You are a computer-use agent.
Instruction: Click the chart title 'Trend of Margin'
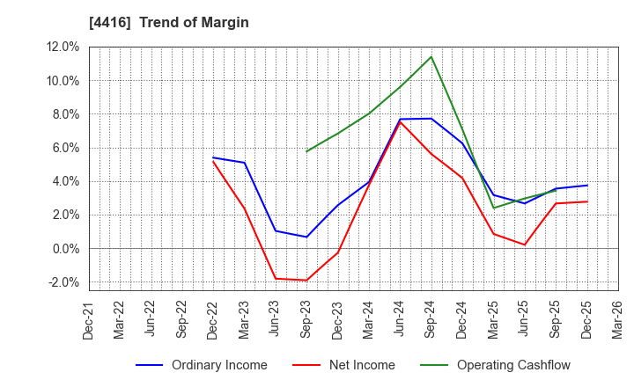[194, 22]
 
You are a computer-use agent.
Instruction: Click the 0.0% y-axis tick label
[67, 249]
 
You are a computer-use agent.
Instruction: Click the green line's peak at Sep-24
[431, 57]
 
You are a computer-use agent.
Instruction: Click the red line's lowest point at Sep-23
[306, 281]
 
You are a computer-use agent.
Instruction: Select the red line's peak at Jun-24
[400, 121]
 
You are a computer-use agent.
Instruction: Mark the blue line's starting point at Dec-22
[213, 157]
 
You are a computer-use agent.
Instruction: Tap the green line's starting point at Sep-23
[306, 151]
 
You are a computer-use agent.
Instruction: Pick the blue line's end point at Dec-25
[586, 186]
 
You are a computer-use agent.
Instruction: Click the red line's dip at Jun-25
[525, 245]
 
